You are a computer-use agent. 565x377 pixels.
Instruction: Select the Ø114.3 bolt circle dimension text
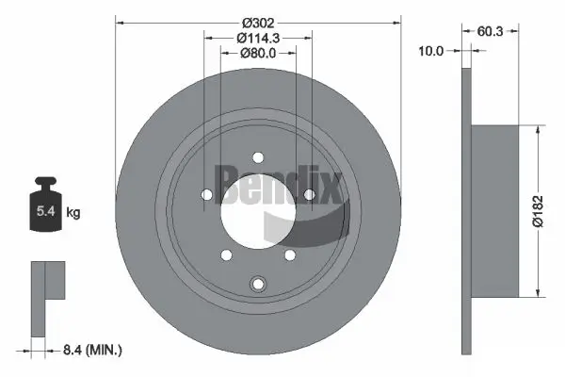(x=258, y=38)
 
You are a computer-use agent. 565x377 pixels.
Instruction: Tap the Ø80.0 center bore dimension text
(x=258, y=54)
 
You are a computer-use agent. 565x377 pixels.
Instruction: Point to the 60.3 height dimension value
(x=490, y=31)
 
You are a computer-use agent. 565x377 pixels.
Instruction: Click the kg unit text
(x=74, y=213)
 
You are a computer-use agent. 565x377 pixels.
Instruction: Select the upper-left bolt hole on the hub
(x=206, y=194)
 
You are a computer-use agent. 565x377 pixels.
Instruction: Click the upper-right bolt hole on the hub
(x=308, y=194)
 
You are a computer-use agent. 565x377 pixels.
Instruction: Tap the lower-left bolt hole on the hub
(x=224, y=254)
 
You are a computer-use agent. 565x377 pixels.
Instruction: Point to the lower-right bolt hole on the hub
(x=290, y=254)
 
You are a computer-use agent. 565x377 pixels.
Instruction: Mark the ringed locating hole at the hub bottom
(x=257, y=285)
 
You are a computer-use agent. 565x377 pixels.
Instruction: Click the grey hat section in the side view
(x=493, y=209)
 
